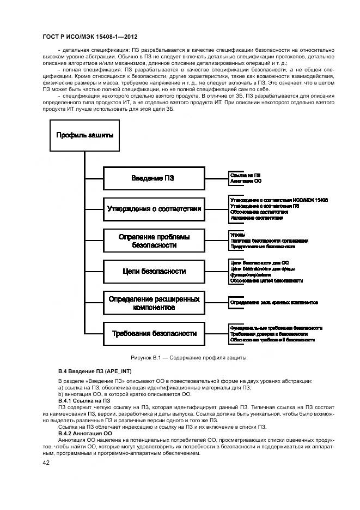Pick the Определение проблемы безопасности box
point(154,241)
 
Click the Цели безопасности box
point(154,271)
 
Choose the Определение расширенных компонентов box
point(154,302)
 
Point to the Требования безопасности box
point(154,333)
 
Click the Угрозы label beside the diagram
point(237,234)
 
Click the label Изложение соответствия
point(257,218)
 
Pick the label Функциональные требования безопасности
point(276,328)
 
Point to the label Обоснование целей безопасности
point(266,280)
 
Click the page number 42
point(46,463)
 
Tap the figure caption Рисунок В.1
point(188,358)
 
